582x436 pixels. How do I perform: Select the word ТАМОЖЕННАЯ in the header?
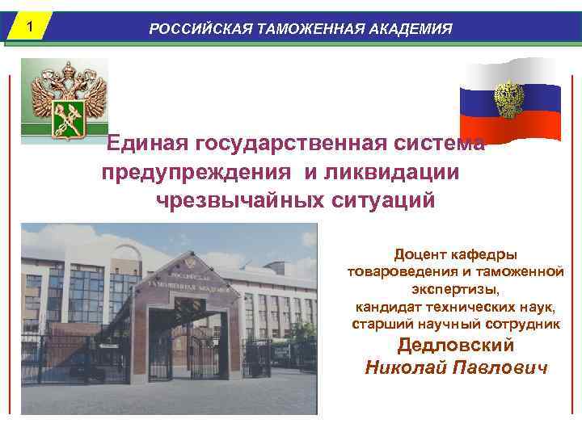click(x=306, y=29)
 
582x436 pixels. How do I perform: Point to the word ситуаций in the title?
click(x=382, y=200)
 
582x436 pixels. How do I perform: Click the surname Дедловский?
click(x=456, y=346)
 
